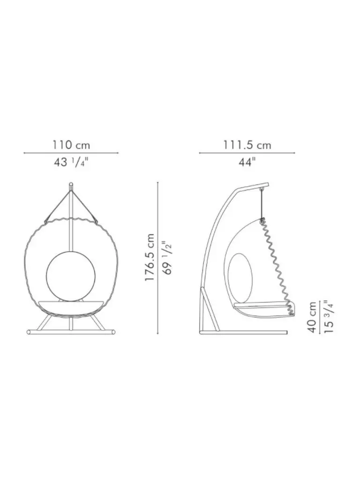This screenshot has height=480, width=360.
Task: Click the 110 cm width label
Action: (71, 145)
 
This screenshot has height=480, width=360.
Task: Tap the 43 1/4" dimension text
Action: (71, 162)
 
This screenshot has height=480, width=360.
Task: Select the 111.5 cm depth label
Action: (247, 145)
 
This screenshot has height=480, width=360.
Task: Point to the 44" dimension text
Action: (247, 162)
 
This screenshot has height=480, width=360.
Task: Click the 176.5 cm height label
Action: (150, 258)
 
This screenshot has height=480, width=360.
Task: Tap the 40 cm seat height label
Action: (312, 317)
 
